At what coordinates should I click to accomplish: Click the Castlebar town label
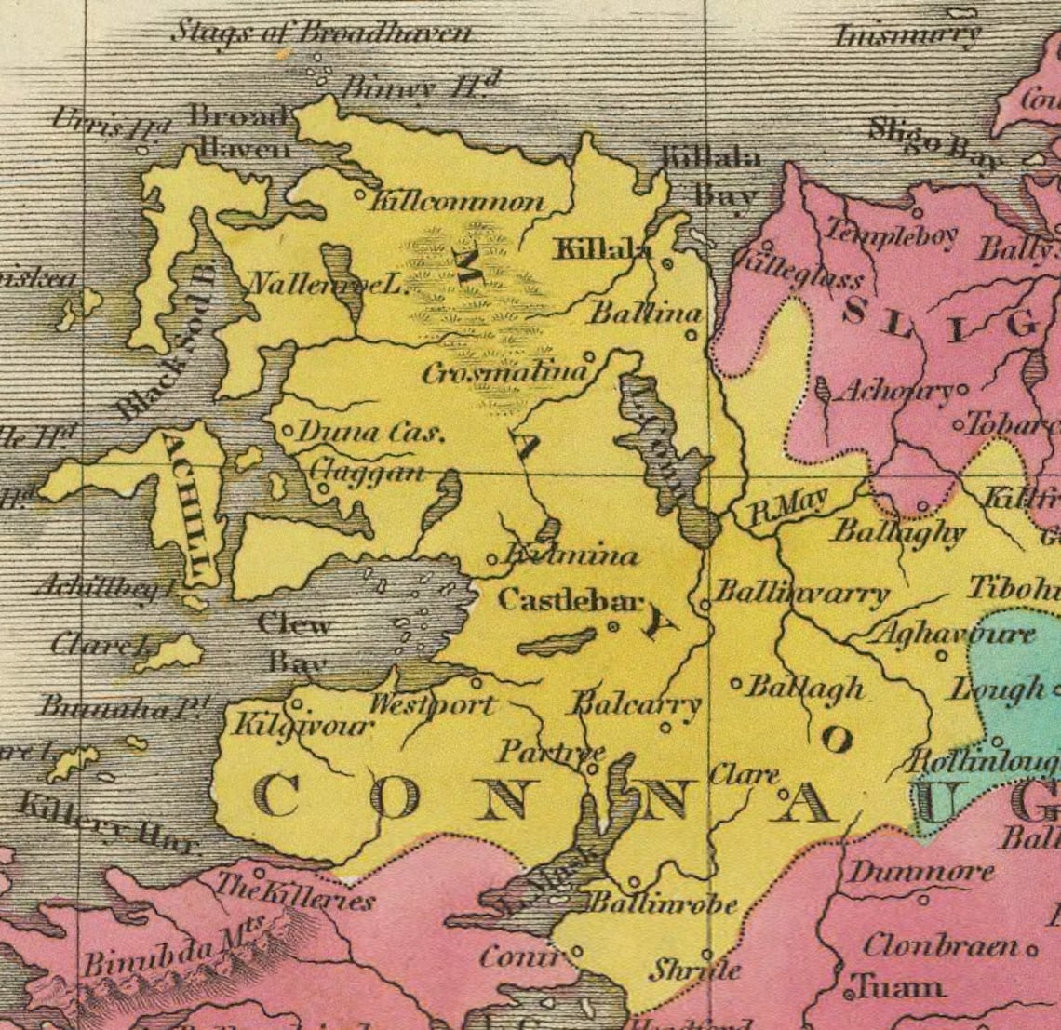tap(570, 600)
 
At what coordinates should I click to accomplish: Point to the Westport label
tap(432, 704)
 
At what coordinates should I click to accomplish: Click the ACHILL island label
tap(194, 507)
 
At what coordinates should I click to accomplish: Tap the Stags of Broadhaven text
tap(320, 33)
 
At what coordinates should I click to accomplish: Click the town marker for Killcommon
tap(361, 195)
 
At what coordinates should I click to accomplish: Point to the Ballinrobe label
tap(664, 903)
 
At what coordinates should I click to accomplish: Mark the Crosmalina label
tap(504, 373)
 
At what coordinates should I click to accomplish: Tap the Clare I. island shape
tap(172, 653)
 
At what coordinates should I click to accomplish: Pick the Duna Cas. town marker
tap(288, 432)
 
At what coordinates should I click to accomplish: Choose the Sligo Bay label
tap(934, 144)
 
